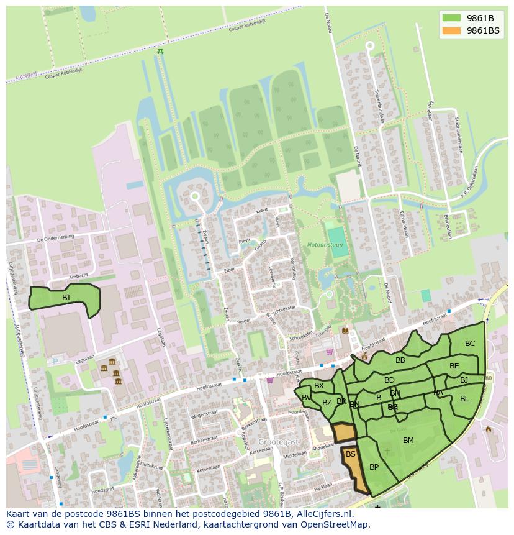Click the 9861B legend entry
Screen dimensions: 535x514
[480, 18]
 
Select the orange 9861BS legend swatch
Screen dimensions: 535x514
[451, 30]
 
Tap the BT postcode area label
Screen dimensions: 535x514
[66, 298]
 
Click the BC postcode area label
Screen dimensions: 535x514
[470, 344]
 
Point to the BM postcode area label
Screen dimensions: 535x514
[408, 441]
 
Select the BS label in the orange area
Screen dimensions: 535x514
[351, 454]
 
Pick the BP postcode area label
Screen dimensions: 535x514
[374, 467]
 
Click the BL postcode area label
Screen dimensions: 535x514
[464, 399]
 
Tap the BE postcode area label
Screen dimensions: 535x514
[454, 366]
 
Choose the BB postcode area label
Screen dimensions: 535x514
[400, 360]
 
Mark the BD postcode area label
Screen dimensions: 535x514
[389, 380]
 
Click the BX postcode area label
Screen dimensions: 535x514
[319, 386]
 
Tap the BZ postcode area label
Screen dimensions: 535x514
[327, 403]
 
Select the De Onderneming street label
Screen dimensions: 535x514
[55, 239]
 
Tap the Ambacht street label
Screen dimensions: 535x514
[78, 275]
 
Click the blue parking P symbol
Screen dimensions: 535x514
[55, 360]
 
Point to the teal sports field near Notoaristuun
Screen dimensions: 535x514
[337, 237]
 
